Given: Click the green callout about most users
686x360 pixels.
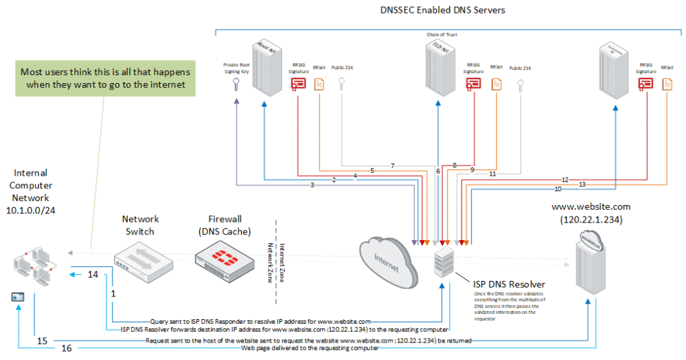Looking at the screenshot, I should click(x=105, y=78).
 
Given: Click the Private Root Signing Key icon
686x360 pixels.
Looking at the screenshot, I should click(x=236, y=85).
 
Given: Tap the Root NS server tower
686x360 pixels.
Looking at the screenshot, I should click(x=263, y=68).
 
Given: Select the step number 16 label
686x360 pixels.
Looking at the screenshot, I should click(x=67, y=349).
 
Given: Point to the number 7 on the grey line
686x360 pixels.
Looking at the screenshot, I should click(x=393, y=165).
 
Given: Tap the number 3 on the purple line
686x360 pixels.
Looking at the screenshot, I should click(x=312, y=184).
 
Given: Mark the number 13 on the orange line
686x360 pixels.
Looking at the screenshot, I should click(x=581, y=184).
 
